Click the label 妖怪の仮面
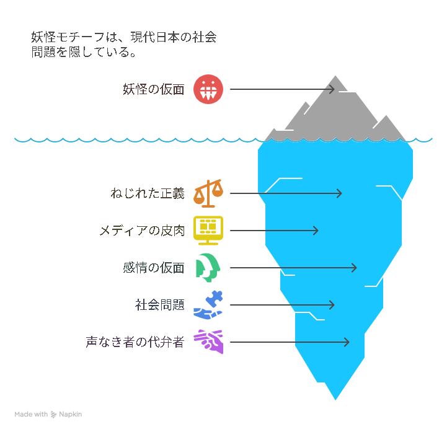tap(153, 89)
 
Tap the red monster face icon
tap(208, 89)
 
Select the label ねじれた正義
tap(148, 193)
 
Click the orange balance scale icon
tap(208, 193)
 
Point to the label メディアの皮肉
tap(142, 231)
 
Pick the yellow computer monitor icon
tap(208, 231)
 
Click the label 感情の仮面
tap(153, 268)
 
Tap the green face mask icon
tap(208, 268)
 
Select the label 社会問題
tap(160, 305)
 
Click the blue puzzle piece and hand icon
tap(208, 305)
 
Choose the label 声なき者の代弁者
tap(135, 342)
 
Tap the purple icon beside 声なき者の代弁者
tap(208, 342)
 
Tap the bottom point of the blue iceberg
tap(335, 400)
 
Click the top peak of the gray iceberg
tap(335, 76)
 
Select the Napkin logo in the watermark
tap(53, 414)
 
